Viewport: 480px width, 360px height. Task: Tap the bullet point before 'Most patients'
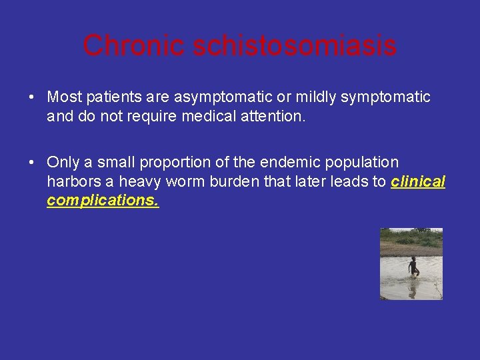coord(31,98)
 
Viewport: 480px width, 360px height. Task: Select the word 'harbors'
coord(71,181)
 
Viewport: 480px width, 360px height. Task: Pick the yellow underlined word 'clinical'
coord(418,181)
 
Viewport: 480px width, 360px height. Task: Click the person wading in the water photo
coord(413,267)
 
